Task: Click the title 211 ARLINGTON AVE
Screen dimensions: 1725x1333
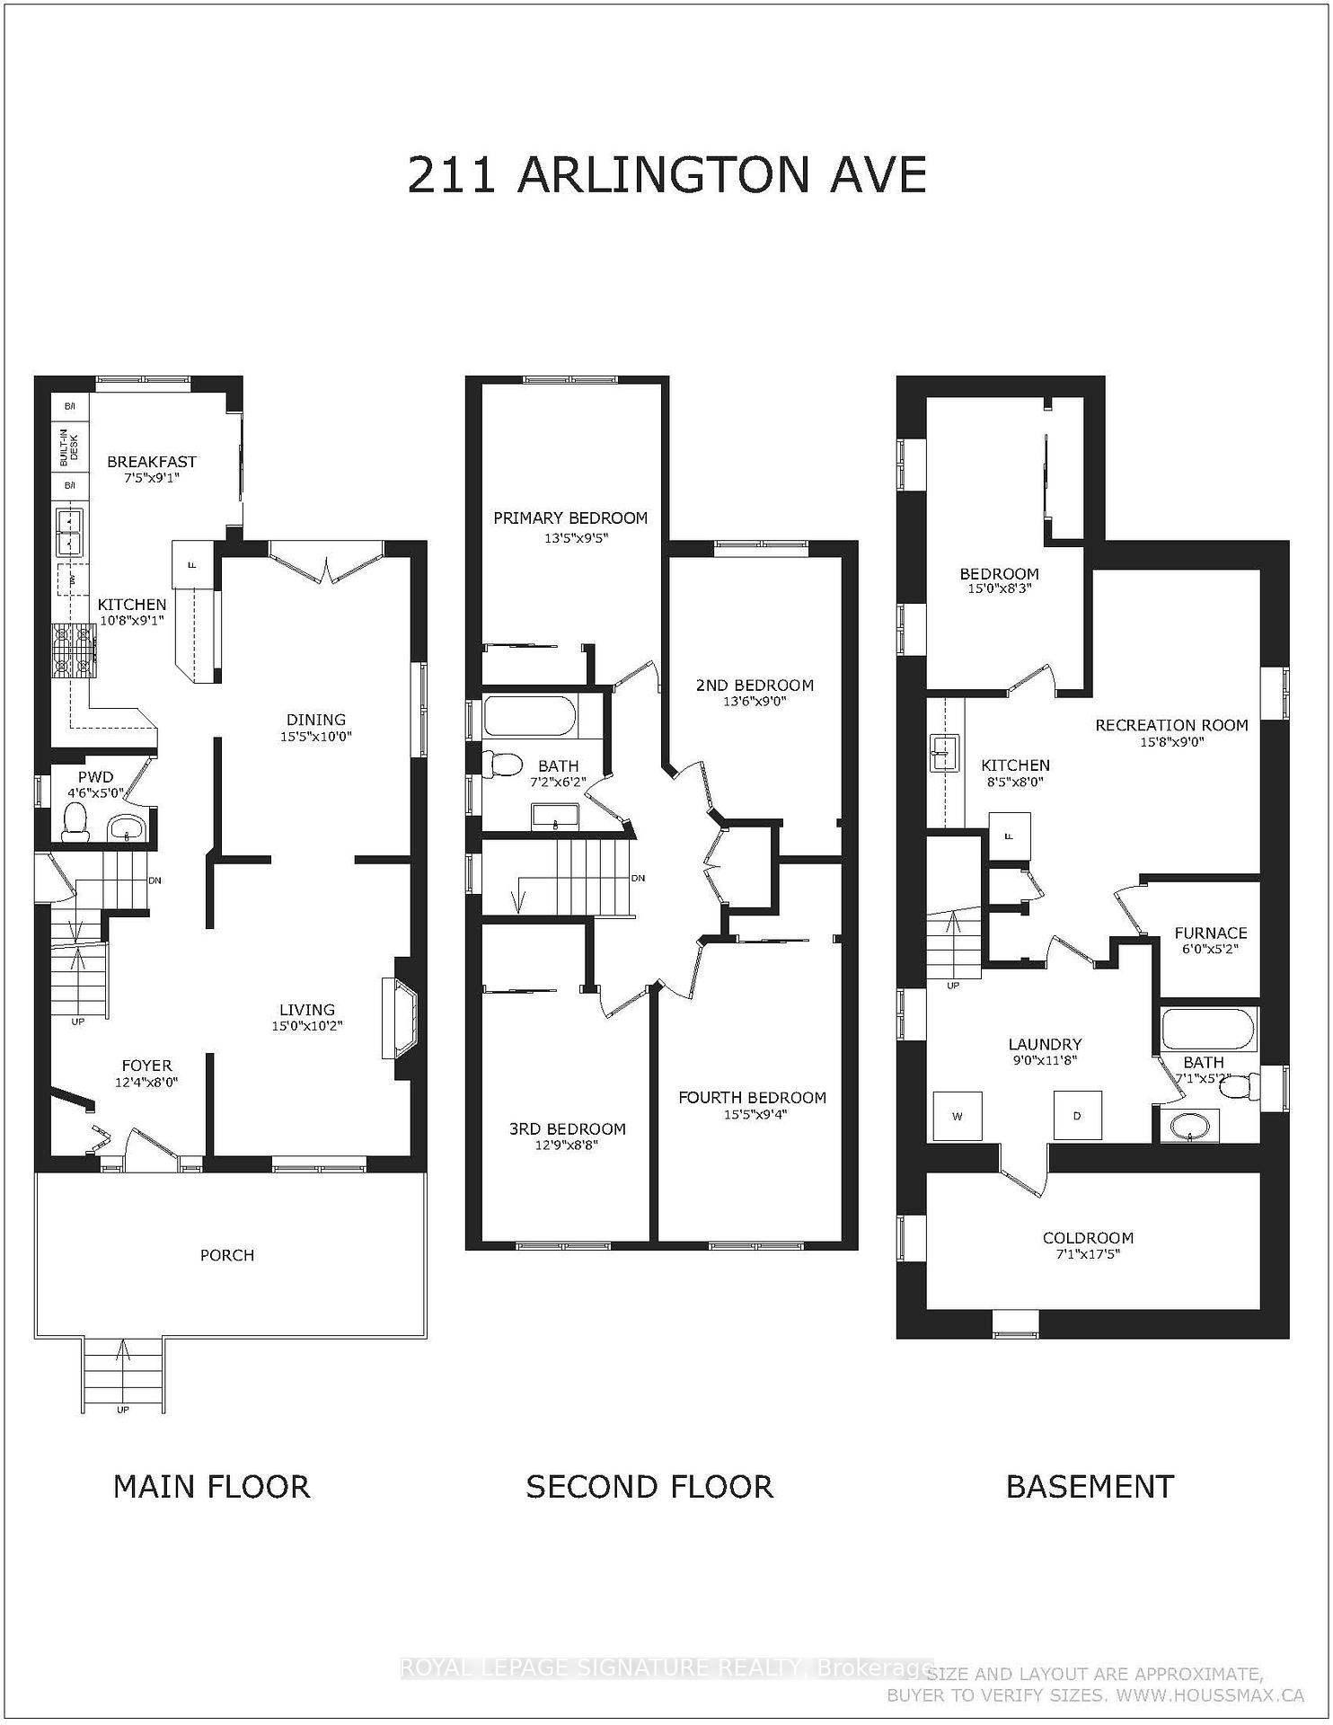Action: click(x=666, y=174)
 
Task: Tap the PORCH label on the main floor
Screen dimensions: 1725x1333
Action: click(x=227, y=1255)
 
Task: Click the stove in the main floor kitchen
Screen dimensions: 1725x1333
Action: click(x=74, y=650)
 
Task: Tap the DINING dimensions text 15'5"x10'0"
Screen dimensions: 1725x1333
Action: click(x=315, y=736)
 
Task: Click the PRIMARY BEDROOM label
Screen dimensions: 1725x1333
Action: click(x=570, y=517)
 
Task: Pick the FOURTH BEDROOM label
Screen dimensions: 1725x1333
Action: click(x=752, y=1097)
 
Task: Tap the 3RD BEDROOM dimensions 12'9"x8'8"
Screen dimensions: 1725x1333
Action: click(x=567, y=1146)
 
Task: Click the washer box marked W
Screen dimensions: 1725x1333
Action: click(x=958, y=1116)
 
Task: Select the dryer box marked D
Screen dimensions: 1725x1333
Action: click(x=1077, y=1116)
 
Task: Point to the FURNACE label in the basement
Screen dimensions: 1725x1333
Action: click(x=1210, y=933)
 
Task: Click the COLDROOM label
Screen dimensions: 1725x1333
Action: click(x=1088, y=1237)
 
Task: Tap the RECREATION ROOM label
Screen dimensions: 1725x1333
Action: click(x=1171, y=725)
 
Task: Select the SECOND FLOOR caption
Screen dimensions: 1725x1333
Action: click(x=649, y=1487)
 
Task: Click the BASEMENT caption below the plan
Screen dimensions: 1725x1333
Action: click(x=1090, y=1487)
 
